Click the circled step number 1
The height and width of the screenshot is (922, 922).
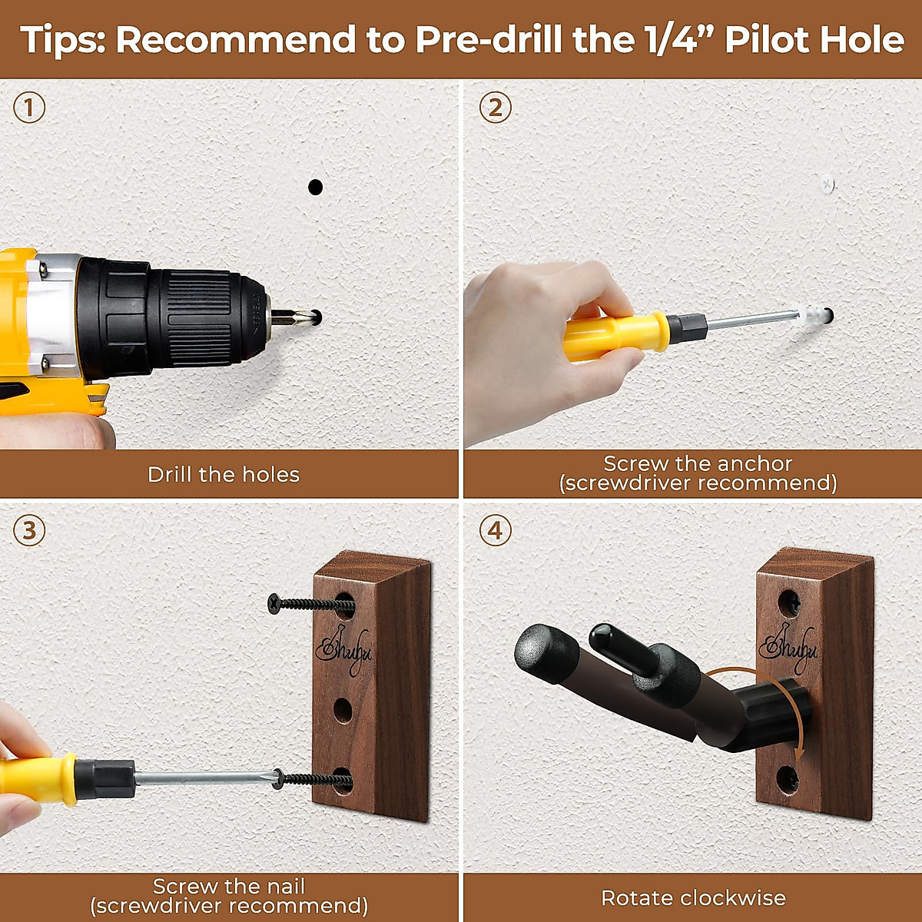[29, 108]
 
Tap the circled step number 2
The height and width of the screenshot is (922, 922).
[496, 108]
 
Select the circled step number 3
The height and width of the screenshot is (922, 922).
[29, 531]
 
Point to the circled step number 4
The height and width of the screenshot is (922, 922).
[496, 531]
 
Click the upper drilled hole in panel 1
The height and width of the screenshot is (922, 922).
[315, 187]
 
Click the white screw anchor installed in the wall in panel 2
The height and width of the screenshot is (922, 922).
[827, 184]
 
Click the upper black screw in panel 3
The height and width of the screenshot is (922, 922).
[311, 605]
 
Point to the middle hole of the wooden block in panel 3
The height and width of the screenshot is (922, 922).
[343, 710]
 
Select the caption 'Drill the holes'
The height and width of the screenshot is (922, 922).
[224, 475]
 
